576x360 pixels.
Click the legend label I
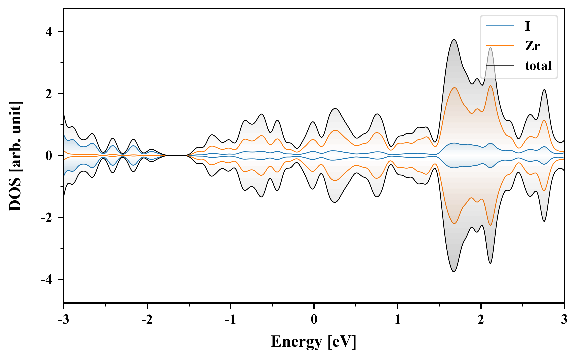(527, 26)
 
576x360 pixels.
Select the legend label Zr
(532, 46)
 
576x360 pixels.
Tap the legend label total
(538, 66)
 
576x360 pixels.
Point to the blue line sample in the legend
(500, 26)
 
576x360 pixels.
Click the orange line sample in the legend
(500, 46)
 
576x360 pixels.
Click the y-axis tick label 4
(49, 32)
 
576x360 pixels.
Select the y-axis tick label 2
(49, 94)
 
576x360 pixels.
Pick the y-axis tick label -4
(47, 280)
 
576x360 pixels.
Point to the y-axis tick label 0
(49, 156)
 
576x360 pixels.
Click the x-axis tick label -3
(63, 320)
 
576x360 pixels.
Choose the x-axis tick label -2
(147, 320)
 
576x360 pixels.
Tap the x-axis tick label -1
(230, 320)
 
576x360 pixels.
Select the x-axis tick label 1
(397, 320)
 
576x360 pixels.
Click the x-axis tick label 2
(481, 320)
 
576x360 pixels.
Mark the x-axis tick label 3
(564, 320)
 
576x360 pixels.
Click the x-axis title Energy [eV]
(314, 342)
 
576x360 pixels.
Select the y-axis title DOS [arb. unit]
(15, 156)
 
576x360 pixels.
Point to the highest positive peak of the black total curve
(454, 40)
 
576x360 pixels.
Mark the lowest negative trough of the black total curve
(454, 272)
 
